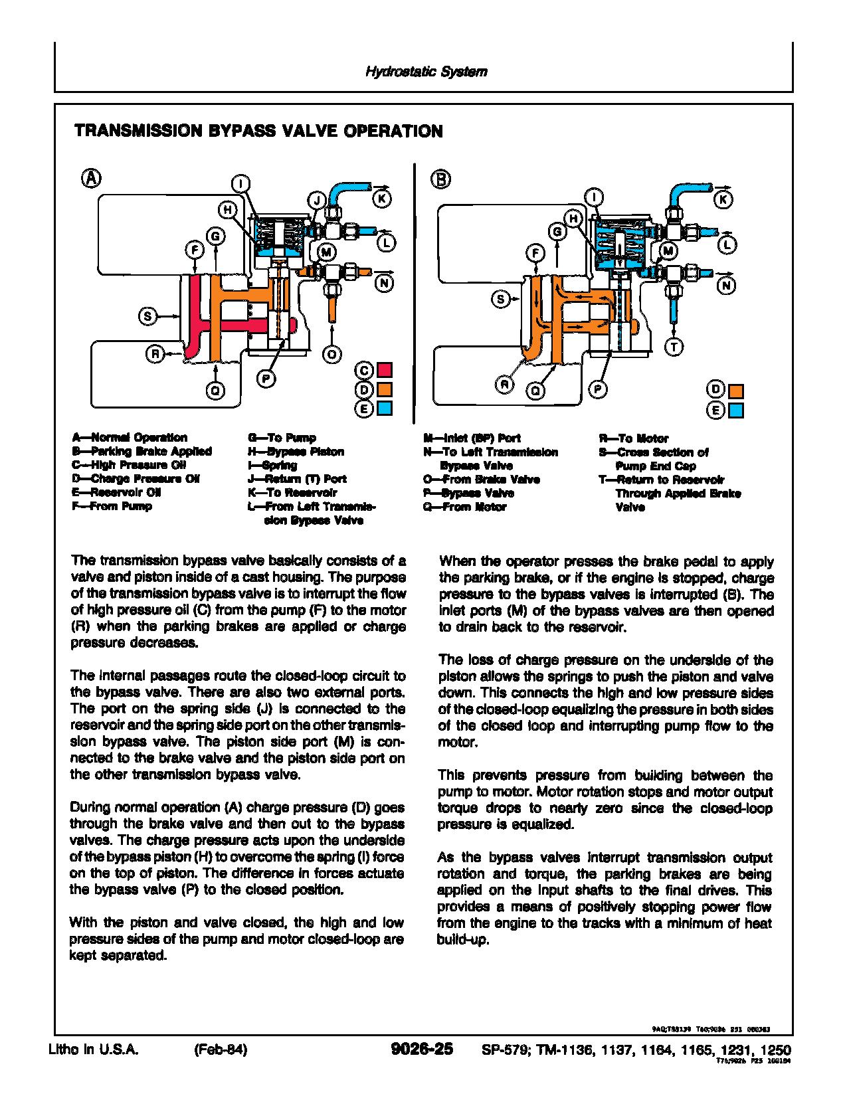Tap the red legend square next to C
click(x=385, y=370)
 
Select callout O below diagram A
click(x=331, y=355)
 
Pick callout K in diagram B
click(x=724, y=199)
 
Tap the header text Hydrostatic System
click(x=426, y=72)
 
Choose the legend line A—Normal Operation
click(x=130, y=438)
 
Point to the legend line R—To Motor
click(x=634, y=438)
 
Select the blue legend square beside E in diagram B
click(x=736, y=411)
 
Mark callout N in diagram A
click(x=384, y=283)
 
